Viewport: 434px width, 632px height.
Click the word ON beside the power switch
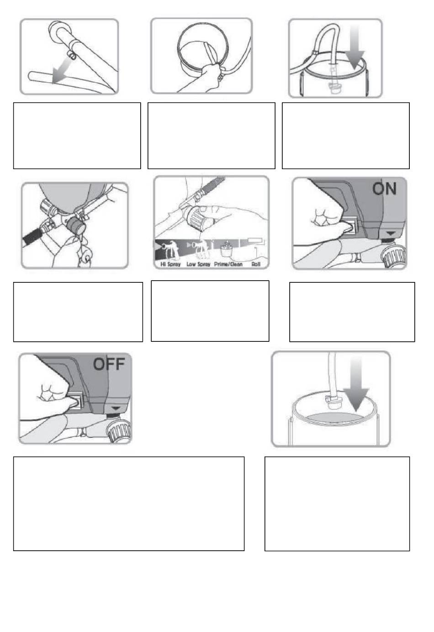384,189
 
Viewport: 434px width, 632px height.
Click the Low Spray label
199,264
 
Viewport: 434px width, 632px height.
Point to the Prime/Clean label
228,264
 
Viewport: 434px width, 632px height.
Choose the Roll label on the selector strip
256,264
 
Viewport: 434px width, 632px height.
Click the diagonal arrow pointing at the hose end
62,70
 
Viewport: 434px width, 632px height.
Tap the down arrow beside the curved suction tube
355,48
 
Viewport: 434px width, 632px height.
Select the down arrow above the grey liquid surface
356,382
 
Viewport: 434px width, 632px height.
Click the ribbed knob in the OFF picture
118,431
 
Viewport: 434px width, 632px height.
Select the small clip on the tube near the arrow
73,55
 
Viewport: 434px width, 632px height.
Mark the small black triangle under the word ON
390,233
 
